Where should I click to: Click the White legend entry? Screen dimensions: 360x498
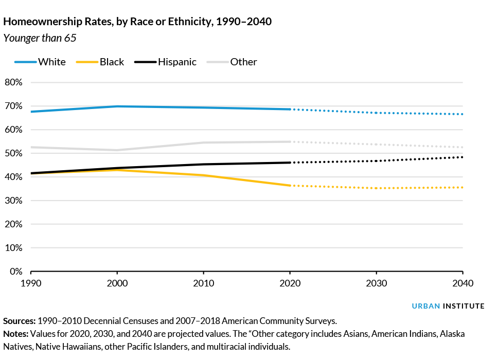(x=52, y=62)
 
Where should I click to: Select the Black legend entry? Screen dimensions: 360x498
(x=112, y=62)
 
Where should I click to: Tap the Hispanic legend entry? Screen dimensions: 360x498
(x=177, y=62)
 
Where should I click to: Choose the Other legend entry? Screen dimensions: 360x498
(x=243, y=62)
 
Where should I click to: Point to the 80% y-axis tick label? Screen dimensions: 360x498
(x=13, y=82)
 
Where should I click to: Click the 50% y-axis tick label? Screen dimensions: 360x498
(x=13, y=153)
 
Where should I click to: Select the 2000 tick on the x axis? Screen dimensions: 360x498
(x=117, y=283)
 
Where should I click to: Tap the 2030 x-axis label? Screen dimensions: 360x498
(x=377, y=283)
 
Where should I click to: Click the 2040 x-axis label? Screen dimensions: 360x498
(x=463, y=283)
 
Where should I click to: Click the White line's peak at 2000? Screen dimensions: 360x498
(x=117, y=106)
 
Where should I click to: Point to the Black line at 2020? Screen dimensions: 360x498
(x=290, y=185)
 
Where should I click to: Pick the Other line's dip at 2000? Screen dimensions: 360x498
(x=117, y=150)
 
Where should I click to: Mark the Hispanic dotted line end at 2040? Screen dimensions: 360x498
(x=463, y=157)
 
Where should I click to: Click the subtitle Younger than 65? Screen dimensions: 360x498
(x=40, y=38)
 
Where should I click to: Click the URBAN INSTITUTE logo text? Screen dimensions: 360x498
(x=448, y=306)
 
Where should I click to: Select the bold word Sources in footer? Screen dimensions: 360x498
(x=19, y=320)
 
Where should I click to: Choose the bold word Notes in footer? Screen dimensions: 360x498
(x=15, y=334)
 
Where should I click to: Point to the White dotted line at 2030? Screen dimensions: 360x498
(x=377, y=113)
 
